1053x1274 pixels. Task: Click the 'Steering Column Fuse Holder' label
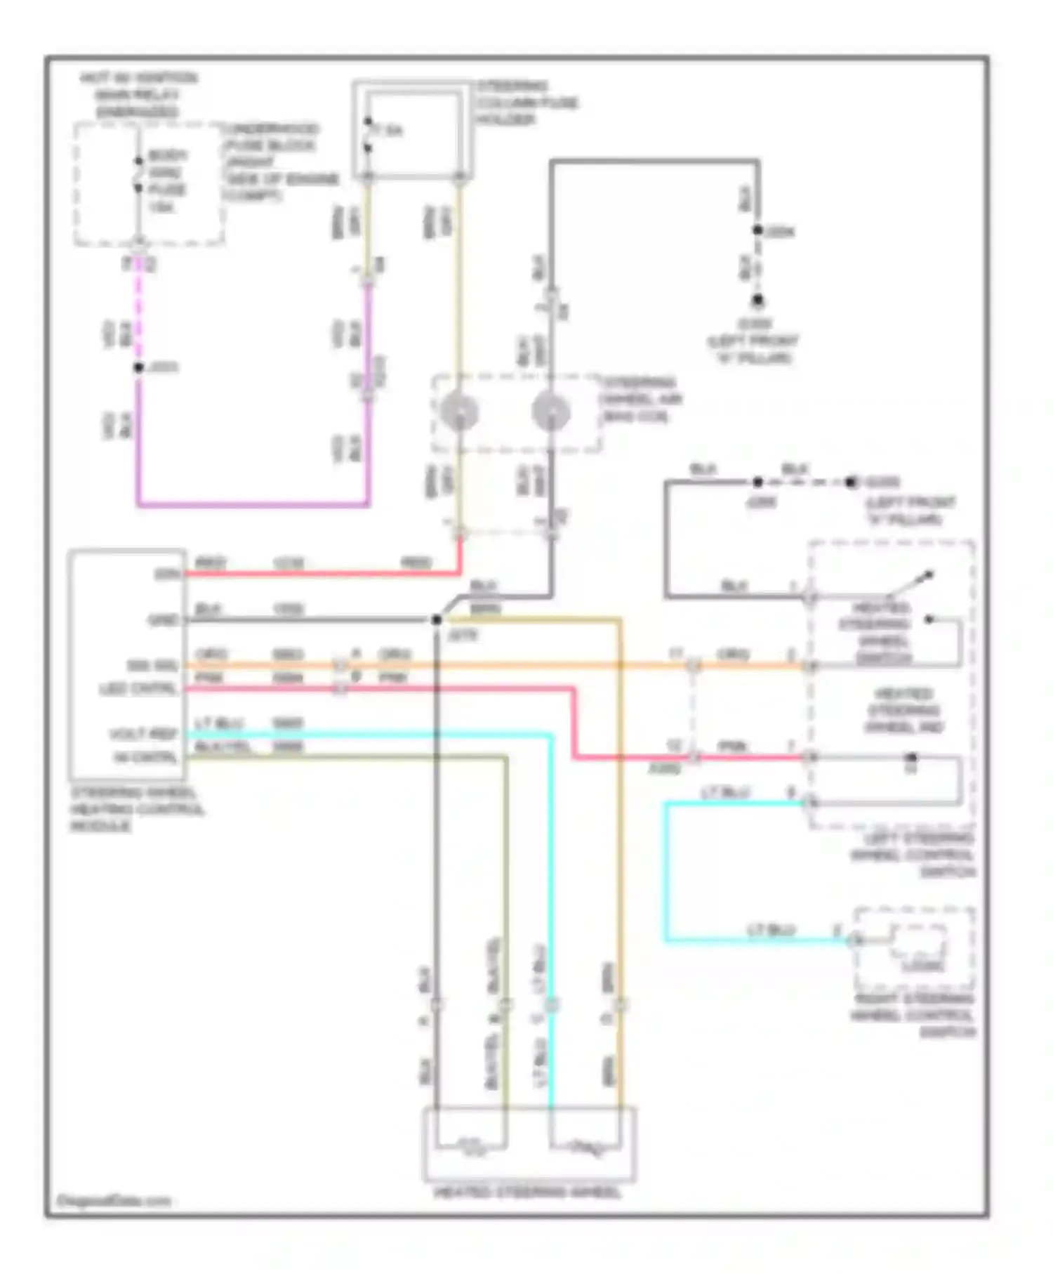click(527, 103)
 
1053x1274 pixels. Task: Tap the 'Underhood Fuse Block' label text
click(270, 137)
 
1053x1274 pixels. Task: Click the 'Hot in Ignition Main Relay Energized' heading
click(138, 95)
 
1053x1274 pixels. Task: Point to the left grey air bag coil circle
click(459, 411)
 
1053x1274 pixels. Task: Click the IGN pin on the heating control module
click(168, 574)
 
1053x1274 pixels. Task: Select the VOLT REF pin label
click(144, 734)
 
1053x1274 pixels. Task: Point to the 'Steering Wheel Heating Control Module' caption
click(137, 809)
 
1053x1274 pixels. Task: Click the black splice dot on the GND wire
click(437, 619)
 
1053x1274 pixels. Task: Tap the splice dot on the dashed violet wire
click(139, 367)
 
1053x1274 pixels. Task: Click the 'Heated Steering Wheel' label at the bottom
click(528, 1193)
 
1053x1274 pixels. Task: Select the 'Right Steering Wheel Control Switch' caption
click(913, 1016)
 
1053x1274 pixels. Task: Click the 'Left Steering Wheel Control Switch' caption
click(913, 855)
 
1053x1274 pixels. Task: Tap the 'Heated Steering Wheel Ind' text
click(904, 710)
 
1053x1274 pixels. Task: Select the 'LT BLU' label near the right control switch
click(771, 930)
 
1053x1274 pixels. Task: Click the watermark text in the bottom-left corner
click(114, 1201)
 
